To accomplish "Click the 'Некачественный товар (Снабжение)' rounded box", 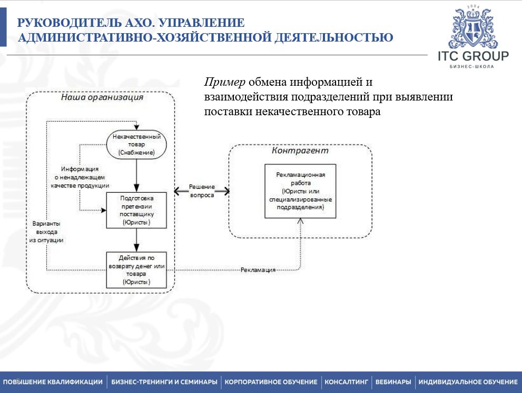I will [x=136, y=144].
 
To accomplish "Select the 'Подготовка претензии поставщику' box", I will [x=136, y=210].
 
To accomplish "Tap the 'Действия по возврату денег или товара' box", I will [x=136, y=270].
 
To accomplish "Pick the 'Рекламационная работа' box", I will [x=301, y=190].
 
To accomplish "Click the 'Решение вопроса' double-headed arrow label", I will [x=202, y=191].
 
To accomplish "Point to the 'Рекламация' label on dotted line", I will [x=258, y=269].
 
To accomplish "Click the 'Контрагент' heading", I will [x=300, y=150].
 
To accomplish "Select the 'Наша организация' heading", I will [x=102, y=97].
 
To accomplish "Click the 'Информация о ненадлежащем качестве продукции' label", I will [x=80, y=177].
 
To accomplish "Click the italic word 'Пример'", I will [x=225, y=82].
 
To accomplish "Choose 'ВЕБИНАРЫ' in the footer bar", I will [x=393, y=382].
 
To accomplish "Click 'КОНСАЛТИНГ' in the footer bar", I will [x=346, y=382].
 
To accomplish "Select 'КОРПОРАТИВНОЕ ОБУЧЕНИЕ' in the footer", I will [x=271, y=382].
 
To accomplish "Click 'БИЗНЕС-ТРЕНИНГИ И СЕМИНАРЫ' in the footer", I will [x=164, y=382].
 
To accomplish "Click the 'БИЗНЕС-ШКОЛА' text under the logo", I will [x=472, y=67].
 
